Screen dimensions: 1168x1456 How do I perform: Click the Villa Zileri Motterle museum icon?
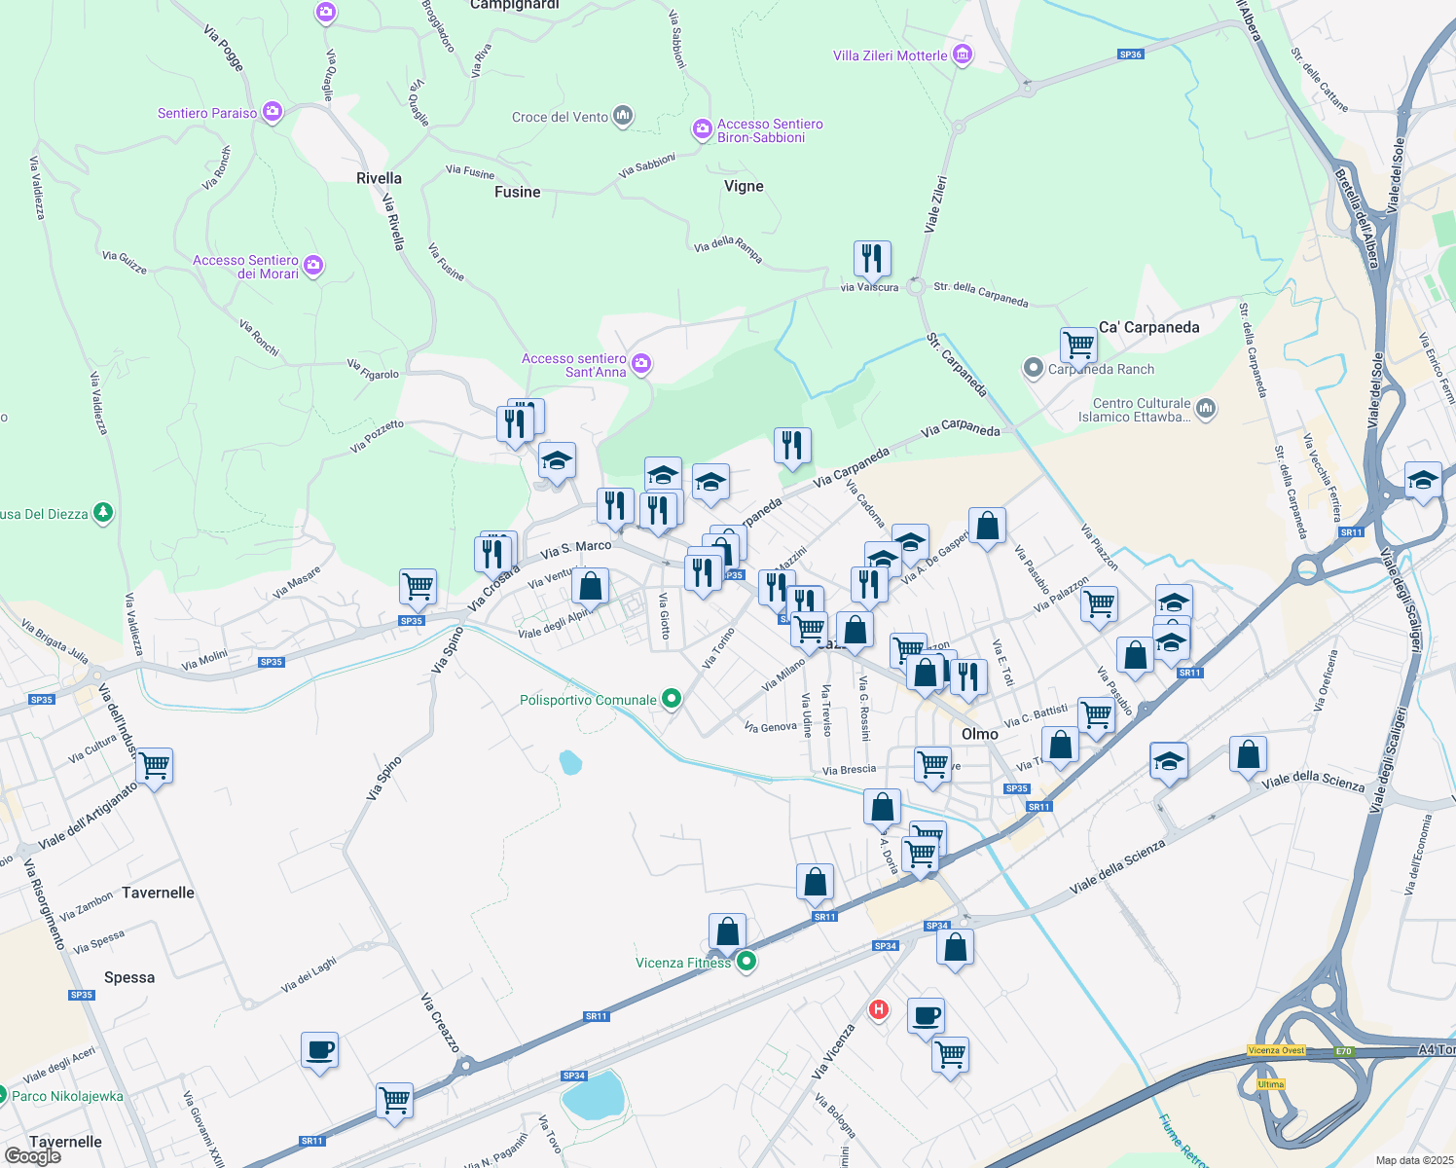(963, 55)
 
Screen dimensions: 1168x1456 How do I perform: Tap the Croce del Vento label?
(560, 117)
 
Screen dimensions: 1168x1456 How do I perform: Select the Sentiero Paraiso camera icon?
(272, 112)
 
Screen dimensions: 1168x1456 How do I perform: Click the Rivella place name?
(379, 178)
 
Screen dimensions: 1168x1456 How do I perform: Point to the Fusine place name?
(517, 192)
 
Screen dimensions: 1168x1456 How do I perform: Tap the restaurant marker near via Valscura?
(872, 258)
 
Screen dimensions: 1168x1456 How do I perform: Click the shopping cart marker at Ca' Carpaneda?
(1078, 345)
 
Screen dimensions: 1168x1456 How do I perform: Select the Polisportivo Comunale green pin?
(671, 699)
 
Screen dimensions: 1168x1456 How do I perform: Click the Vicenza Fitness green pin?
(746, 962)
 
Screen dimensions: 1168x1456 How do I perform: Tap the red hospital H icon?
(879, 1009)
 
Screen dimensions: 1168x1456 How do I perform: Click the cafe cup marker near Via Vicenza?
(927, 1017)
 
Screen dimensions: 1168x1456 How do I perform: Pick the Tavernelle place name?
(158, 893)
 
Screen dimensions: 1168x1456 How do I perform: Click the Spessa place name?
(129, 977)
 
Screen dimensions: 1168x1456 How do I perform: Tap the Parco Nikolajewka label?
(67, 1096)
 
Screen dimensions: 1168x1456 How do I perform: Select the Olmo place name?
(979, 734)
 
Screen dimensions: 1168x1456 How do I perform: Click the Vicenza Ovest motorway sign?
(1276, 1050)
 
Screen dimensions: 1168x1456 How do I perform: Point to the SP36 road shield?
(1130, 55)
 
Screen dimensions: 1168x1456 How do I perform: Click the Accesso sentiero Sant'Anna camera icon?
(640, 364)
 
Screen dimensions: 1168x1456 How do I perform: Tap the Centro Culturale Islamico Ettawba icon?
(1206, 408)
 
